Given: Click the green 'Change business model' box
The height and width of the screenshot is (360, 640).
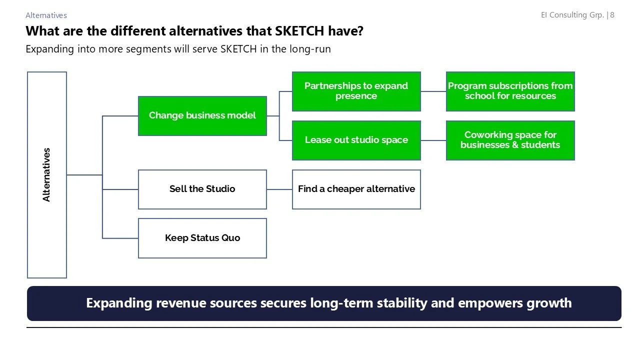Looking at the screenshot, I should (x=202, y=116).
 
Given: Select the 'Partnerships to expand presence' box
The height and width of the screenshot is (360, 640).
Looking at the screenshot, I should (x=356, y=91).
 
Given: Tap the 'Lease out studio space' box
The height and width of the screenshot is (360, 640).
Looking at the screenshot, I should (x=356, y=140).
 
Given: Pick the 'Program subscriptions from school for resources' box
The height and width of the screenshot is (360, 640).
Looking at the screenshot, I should (x=510, y=91).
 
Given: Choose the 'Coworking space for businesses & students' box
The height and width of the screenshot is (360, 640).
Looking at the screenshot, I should (x=510, y=140).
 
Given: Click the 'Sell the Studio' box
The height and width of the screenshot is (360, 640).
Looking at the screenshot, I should (x=202, y=189).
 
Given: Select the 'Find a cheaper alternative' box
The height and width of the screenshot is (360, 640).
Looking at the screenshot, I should (x=356, y=189).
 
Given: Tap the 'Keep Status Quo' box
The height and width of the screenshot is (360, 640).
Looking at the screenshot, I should (x=202, y=238).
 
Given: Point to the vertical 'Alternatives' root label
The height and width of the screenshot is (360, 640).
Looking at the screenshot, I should (x=46, y=174).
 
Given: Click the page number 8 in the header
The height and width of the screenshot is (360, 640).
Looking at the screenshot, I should (x=612, y=15).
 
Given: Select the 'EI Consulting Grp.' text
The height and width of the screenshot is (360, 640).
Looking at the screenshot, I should (x=572, y=15).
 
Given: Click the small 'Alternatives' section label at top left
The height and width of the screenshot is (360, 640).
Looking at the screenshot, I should (x=46, y=15).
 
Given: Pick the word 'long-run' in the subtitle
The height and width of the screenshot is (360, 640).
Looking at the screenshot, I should (x=312, y=49).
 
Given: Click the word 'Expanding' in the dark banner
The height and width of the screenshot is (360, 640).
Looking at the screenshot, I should (x=119, y=303).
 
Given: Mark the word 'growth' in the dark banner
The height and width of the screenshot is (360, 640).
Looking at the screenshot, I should (x=548, y=303).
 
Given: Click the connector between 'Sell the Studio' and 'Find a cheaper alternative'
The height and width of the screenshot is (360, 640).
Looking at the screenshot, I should (x=279, y=189).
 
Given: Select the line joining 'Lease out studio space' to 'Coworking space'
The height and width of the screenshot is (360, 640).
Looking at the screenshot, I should (x=433, y=140).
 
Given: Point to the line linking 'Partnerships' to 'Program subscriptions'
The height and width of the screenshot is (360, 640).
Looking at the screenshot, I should (x=433, y=91).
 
